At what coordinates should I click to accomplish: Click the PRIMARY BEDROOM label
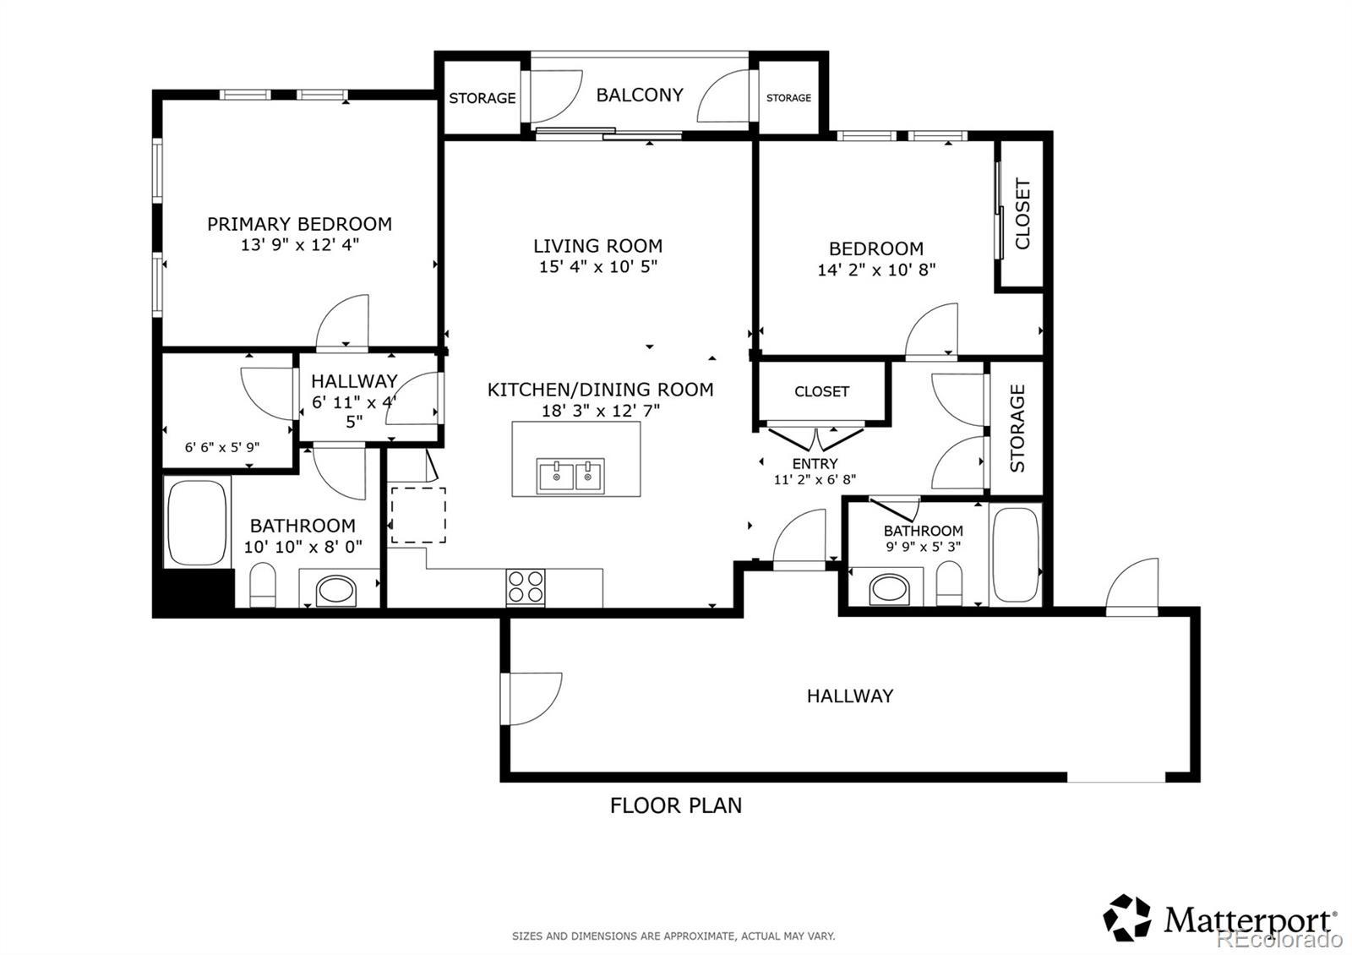[299, 224]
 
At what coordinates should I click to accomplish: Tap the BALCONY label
[640, 95]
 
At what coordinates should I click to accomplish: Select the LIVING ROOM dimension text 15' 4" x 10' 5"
[598, 266]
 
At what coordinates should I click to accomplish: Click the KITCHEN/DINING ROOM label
[601, 390]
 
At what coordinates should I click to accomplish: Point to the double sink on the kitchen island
[570, 476]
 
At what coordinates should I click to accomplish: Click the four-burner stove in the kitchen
[525, 587]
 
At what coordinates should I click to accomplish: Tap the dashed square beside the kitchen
[418, 515]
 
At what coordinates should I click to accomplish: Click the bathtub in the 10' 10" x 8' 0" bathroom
[197, 523]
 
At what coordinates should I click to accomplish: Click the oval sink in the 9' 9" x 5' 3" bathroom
[889, 589]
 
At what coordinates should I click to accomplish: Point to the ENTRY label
[815, 464]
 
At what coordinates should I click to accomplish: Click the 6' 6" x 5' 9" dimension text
[222, 447]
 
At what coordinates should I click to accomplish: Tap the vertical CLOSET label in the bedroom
[1022, 213]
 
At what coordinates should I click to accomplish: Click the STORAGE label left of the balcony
[482, 98]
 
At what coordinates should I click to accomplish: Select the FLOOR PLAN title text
[676, 805]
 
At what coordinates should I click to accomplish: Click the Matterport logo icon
[1127, 918]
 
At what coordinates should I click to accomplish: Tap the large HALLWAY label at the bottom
[850, 696]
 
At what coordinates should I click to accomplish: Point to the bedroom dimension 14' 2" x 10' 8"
[876, 270]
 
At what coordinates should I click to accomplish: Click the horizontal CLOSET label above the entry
[821, 391]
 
